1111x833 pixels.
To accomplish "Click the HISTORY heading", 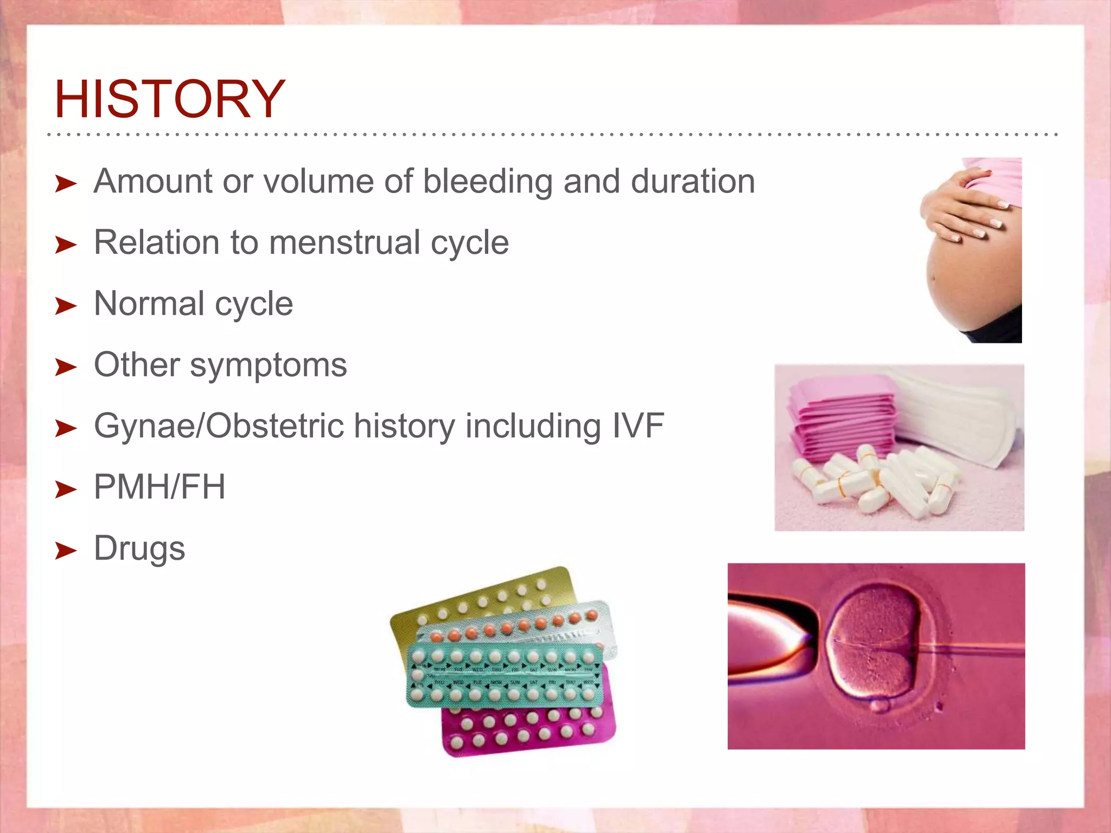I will click(169, 99).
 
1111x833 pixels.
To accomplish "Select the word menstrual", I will click(344, 242).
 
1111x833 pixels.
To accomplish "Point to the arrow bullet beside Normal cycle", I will click(66, 306).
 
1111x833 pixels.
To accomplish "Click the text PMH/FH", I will click(159, 487).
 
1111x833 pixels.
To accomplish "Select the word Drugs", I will click(139, 548).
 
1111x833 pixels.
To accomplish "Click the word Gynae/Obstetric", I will click(219, 426).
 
